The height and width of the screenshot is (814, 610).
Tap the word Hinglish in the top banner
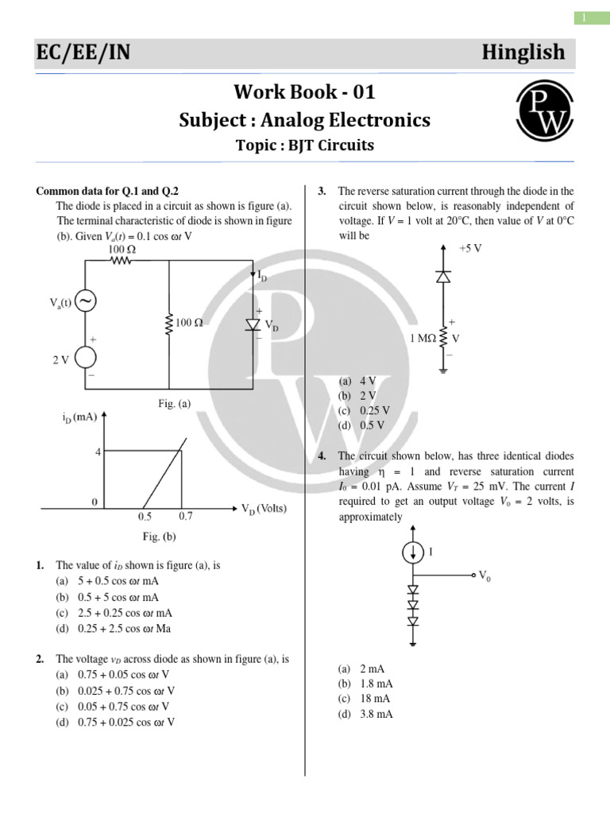point(523,52)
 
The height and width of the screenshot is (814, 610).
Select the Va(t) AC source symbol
point(85,301)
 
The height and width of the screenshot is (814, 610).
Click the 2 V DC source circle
point(85,359)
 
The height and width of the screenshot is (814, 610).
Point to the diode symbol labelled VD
point(253,324)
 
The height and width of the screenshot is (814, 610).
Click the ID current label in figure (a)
point(263,274)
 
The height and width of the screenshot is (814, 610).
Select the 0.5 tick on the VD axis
point(145,516)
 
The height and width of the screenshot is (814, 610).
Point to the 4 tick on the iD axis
point(98,452)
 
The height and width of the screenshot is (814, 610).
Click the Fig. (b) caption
point(159,537)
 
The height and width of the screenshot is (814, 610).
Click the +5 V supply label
point(470,248)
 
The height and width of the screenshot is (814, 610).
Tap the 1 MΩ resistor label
point(423,339)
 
